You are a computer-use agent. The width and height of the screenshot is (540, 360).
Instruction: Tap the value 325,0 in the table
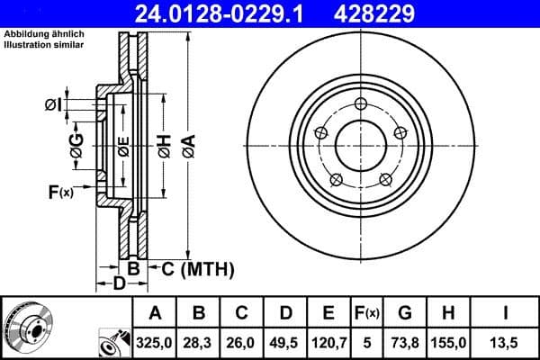[155, 342]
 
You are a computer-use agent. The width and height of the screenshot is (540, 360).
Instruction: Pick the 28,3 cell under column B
[199, 342]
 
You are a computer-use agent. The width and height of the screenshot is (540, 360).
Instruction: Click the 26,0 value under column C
[242, 342]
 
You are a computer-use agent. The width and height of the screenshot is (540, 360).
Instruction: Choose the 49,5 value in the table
[285, 342]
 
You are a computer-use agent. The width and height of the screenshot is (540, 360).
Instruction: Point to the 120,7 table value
[328, 342]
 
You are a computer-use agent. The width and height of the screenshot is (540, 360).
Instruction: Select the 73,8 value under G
[405, 342]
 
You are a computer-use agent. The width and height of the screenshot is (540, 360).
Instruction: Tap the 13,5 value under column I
[505, 342]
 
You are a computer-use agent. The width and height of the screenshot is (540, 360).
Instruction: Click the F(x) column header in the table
[366, 313]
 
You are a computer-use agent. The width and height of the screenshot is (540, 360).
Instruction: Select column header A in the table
[155, 313]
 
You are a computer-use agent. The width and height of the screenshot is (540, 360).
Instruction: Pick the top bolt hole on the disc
[361, 104]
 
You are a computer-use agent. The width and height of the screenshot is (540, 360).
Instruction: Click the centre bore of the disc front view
[361, 143]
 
